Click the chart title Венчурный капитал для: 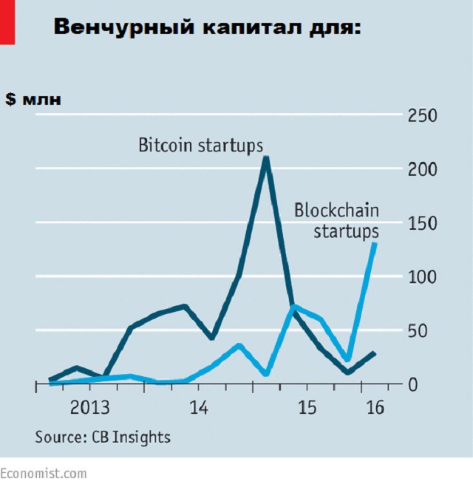pyautogui.click(x=207, y=27)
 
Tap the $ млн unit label pyautogui.click(x=34, y=100)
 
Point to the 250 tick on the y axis pyautogui.click(x=423, y=116)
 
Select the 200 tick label pyautogui.click(x=423, y=169)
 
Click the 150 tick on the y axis pyautogui.click(x=423, y=223)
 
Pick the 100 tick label pyautogui.click(x=423, y=277)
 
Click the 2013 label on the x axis pyautogui.click(x=89, y=407)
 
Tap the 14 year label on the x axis pyautogui.click(x=198, y=407)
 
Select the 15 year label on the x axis pyautogui.click(x=306, y=407)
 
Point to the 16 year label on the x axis pyautogui.click(x=375, y=407)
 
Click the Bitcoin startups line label pyautogui.click(x=201, y=145)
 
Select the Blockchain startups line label pyautogui.click(x=337, y=220)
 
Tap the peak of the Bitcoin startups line pyautogui.click(x=266, y=157)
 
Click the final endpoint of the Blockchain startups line pyautogui.click(x=375, y=244)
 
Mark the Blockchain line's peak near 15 pyautogui.click(x=294, y=306)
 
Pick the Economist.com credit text pyautogui.click(x=43, y=473)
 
